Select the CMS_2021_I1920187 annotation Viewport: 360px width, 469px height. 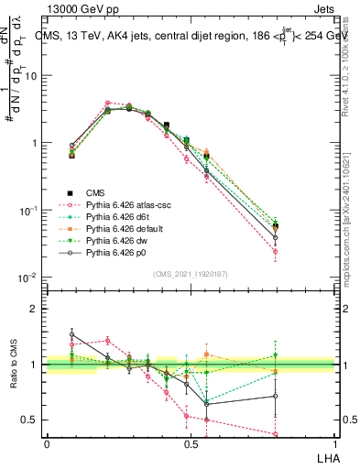click(x=190, y=274)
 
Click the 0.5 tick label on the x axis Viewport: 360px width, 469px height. click(x=190, y=443)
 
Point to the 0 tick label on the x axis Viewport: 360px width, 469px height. click(x=47, y=443)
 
